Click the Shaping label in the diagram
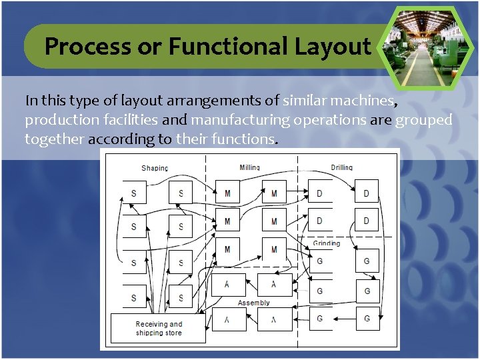(x=155, y=167)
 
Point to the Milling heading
(x=249, y=167)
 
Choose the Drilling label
(x=342, y=167)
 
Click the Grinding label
(x=327, y=243)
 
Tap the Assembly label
(x=254, y=303)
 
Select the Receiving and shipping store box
(x=159, y=329)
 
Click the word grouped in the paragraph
(x=424, y=120)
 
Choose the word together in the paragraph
(x=55, y=139)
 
